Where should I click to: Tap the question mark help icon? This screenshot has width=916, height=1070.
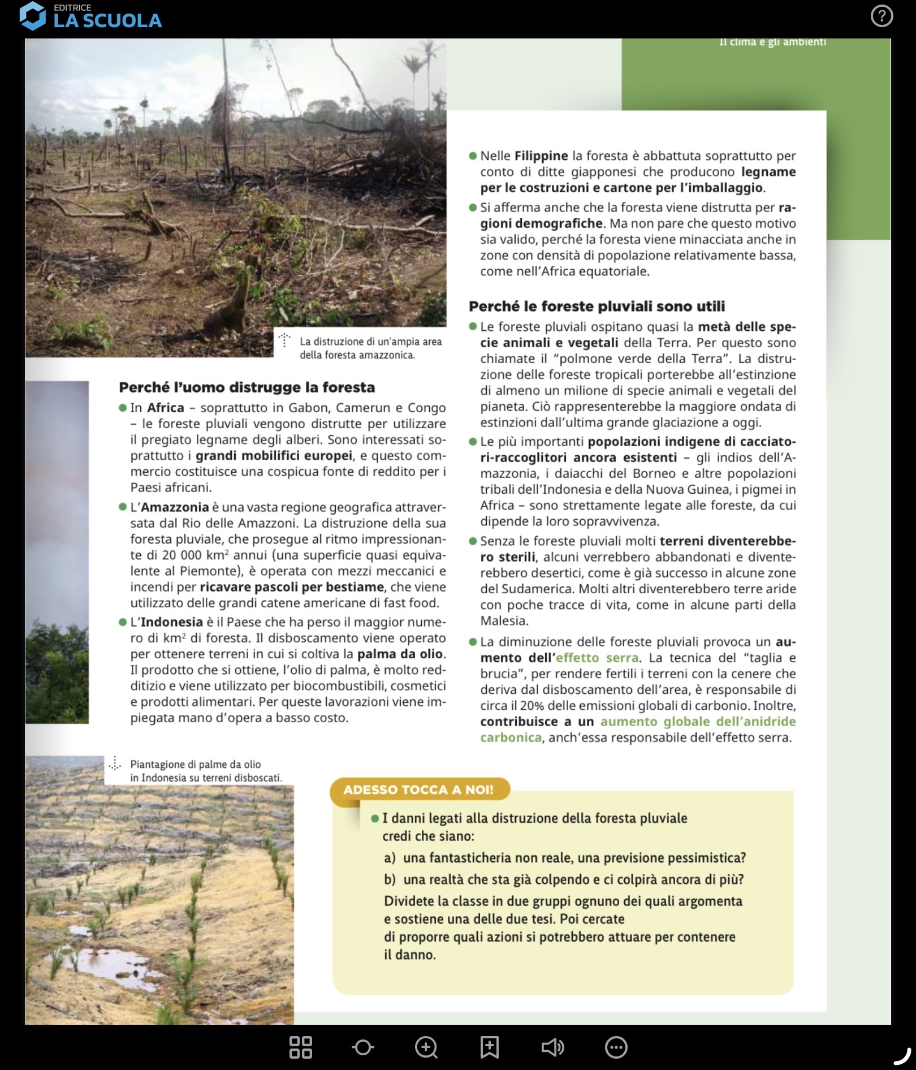pos(882,16)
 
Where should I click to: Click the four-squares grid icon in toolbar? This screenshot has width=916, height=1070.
pos(300,1047)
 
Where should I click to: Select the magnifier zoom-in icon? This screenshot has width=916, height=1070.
pos(426,1047)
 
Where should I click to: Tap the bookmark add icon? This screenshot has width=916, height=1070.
pos(490,1047)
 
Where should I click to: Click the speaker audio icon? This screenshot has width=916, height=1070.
pos(552,1047)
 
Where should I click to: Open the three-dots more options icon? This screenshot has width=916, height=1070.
pos(616,1047)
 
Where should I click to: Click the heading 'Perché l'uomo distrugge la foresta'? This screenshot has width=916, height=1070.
pos(247,387)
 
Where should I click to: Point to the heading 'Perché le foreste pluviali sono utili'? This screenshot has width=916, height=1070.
pos(597,307)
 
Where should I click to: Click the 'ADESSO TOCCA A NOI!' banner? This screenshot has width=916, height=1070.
pos(418,789)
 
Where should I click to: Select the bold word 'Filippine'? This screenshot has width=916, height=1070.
pos(541,156)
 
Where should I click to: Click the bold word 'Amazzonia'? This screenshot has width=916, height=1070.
pos(175,507)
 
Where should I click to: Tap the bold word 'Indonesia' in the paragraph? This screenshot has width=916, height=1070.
pos(171,622)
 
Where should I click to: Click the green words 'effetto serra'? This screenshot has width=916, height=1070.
pos(597,658)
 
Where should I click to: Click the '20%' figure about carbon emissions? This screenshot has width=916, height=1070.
pos(532,706)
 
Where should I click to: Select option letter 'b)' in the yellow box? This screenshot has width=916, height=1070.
pos(390,879)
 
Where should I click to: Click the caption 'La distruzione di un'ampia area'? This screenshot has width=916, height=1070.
pos(370,342)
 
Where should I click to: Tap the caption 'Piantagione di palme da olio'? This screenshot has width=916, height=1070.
pos(196,765)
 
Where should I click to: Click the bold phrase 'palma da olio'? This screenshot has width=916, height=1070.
pos(400,654)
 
